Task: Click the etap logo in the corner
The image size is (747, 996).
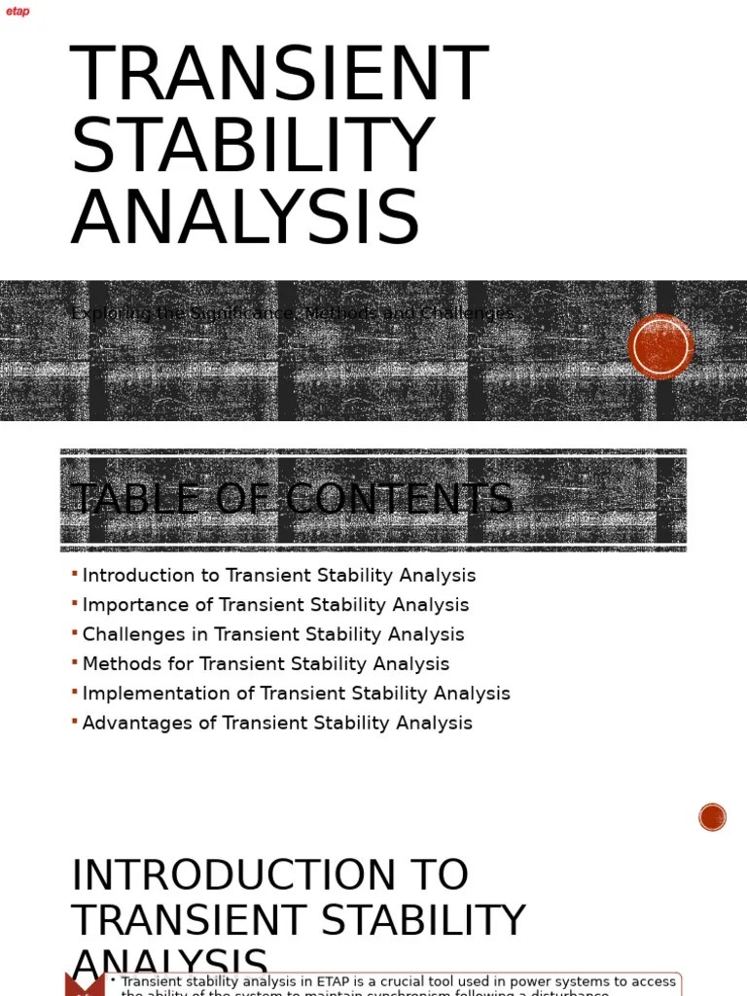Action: point(18,12)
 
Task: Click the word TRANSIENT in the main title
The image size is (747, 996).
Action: point(279,75)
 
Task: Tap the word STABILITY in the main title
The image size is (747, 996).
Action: point(252,147)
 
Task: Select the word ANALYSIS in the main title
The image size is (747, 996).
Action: point(245,218)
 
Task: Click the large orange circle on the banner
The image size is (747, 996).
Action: point(661,346)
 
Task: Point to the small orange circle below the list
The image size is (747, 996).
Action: point(713,817)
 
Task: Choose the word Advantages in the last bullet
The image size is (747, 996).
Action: point(136,723)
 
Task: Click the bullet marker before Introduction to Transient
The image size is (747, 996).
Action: point(75,574)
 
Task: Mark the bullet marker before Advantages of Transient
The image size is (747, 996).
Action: point(75,722)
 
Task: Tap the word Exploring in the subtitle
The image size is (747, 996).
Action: point(111,313)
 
